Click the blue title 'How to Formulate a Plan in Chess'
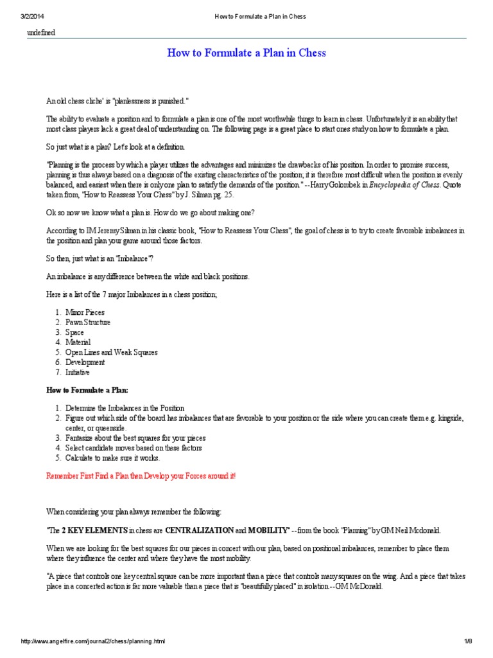(x=246, y=53)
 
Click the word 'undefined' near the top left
(x=40, y=33)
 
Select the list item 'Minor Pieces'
(x=85, y=312)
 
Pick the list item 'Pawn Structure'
(x=88, y=323)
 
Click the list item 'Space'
(x=74, y=332)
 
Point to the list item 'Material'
(x=78, y=342)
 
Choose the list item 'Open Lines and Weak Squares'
(x=111, y=352)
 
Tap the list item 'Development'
(x=85, y=362)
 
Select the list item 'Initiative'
(x=78, y=372)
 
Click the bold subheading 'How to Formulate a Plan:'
(x=87, y=390)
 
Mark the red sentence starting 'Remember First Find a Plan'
(x=141, y=476)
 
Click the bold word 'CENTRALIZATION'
(x=199, y=530)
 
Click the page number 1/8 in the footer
(x=468, y=642)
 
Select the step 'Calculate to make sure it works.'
(x=112, y=458)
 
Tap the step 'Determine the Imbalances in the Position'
(x=125, y=408)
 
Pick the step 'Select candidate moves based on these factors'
(x=134, y=448)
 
